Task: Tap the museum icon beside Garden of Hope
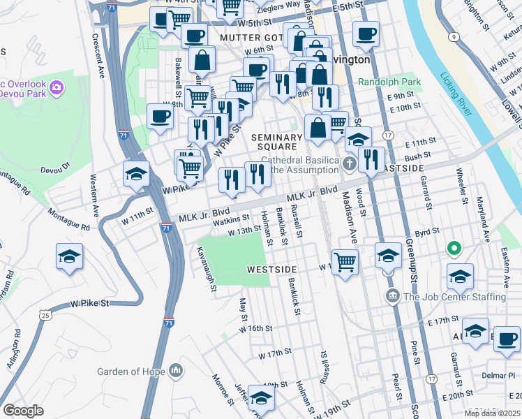[x=175, y=369]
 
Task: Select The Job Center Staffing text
[x=454, y=297]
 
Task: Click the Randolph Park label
[x=389, y=82]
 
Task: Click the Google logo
[x=23, y=411]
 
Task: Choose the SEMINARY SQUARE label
[x=279, y=142]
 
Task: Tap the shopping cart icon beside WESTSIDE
[x=345, y=262]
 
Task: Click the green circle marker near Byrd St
[x=454, y=248]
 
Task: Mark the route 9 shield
[x=454, y=36]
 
